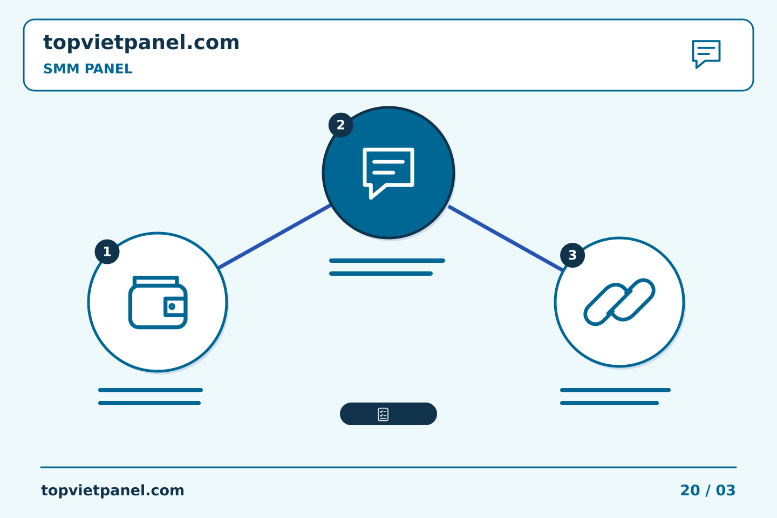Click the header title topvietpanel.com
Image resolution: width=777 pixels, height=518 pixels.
141,43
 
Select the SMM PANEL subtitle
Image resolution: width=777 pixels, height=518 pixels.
88,69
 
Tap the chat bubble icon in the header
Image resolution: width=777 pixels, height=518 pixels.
706,54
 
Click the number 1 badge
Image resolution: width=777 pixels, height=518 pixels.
107,251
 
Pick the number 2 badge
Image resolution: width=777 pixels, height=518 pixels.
340,125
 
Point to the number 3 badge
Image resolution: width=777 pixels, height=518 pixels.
572,255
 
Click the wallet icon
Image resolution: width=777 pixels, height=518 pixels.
158,302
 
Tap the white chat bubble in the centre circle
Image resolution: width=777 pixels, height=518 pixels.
388,173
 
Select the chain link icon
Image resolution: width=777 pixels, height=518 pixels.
619,302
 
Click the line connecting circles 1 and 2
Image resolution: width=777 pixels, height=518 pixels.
274,237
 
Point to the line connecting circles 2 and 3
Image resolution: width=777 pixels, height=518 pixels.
506,238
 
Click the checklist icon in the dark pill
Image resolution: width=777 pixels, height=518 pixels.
383,414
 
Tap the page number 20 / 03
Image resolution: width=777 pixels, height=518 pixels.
707,490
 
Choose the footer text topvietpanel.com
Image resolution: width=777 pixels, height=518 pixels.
112,490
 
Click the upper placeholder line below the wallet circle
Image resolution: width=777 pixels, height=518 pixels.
151,390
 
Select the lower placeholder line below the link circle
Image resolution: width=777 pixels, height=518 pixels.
610,403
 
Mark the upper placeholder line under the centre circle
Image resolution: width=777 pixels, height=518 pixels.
387,261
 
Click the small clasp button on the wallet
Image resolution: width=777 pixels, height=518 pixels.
172,306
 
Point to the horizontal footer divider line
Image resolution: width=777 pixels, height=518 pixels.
388,467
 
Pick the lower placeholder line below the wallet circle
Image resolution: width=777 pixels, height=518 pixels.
149,403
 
